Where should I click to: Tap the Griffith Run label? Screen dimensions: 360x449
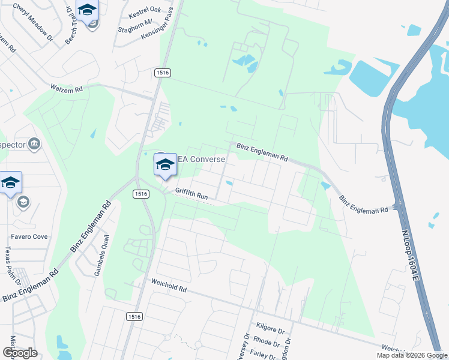(x=191, y=193)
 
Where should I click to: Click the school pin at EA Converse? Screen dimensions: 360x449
(x=165, y=164)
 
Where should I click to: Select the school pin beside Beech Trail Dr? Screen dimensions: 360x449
(x=88, y=10)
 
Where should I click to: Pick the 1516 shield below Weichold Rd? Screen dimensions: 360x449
(x=134, y=316)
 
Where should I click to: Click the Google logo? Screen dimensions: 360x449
(x=20, y=353)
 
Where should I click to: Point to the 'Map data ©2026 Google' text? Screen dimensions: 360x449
(x=411, y=355)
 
